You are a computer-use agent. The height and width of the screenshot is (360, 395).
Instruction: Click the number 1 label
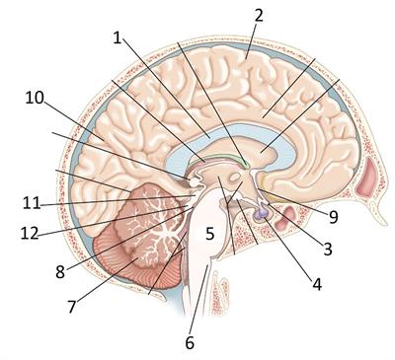[117, 38]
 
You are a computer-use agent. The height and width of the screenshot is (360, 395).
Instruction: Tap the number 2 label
[258, 15]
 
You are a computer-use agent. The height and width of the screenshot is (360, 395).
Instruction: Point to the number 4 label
[316, 285]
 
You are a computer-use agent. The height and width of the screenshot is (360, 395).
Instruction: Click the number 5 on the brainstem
[210, 234]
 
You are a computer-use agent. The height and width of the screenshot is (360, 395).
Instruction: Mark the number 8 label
[61, 269]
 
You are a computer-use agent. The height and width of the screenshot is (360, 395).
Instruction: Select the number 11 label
[29, 203]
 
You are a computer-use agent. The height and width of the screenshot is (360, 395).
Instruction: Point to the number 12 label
[29, 234]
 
